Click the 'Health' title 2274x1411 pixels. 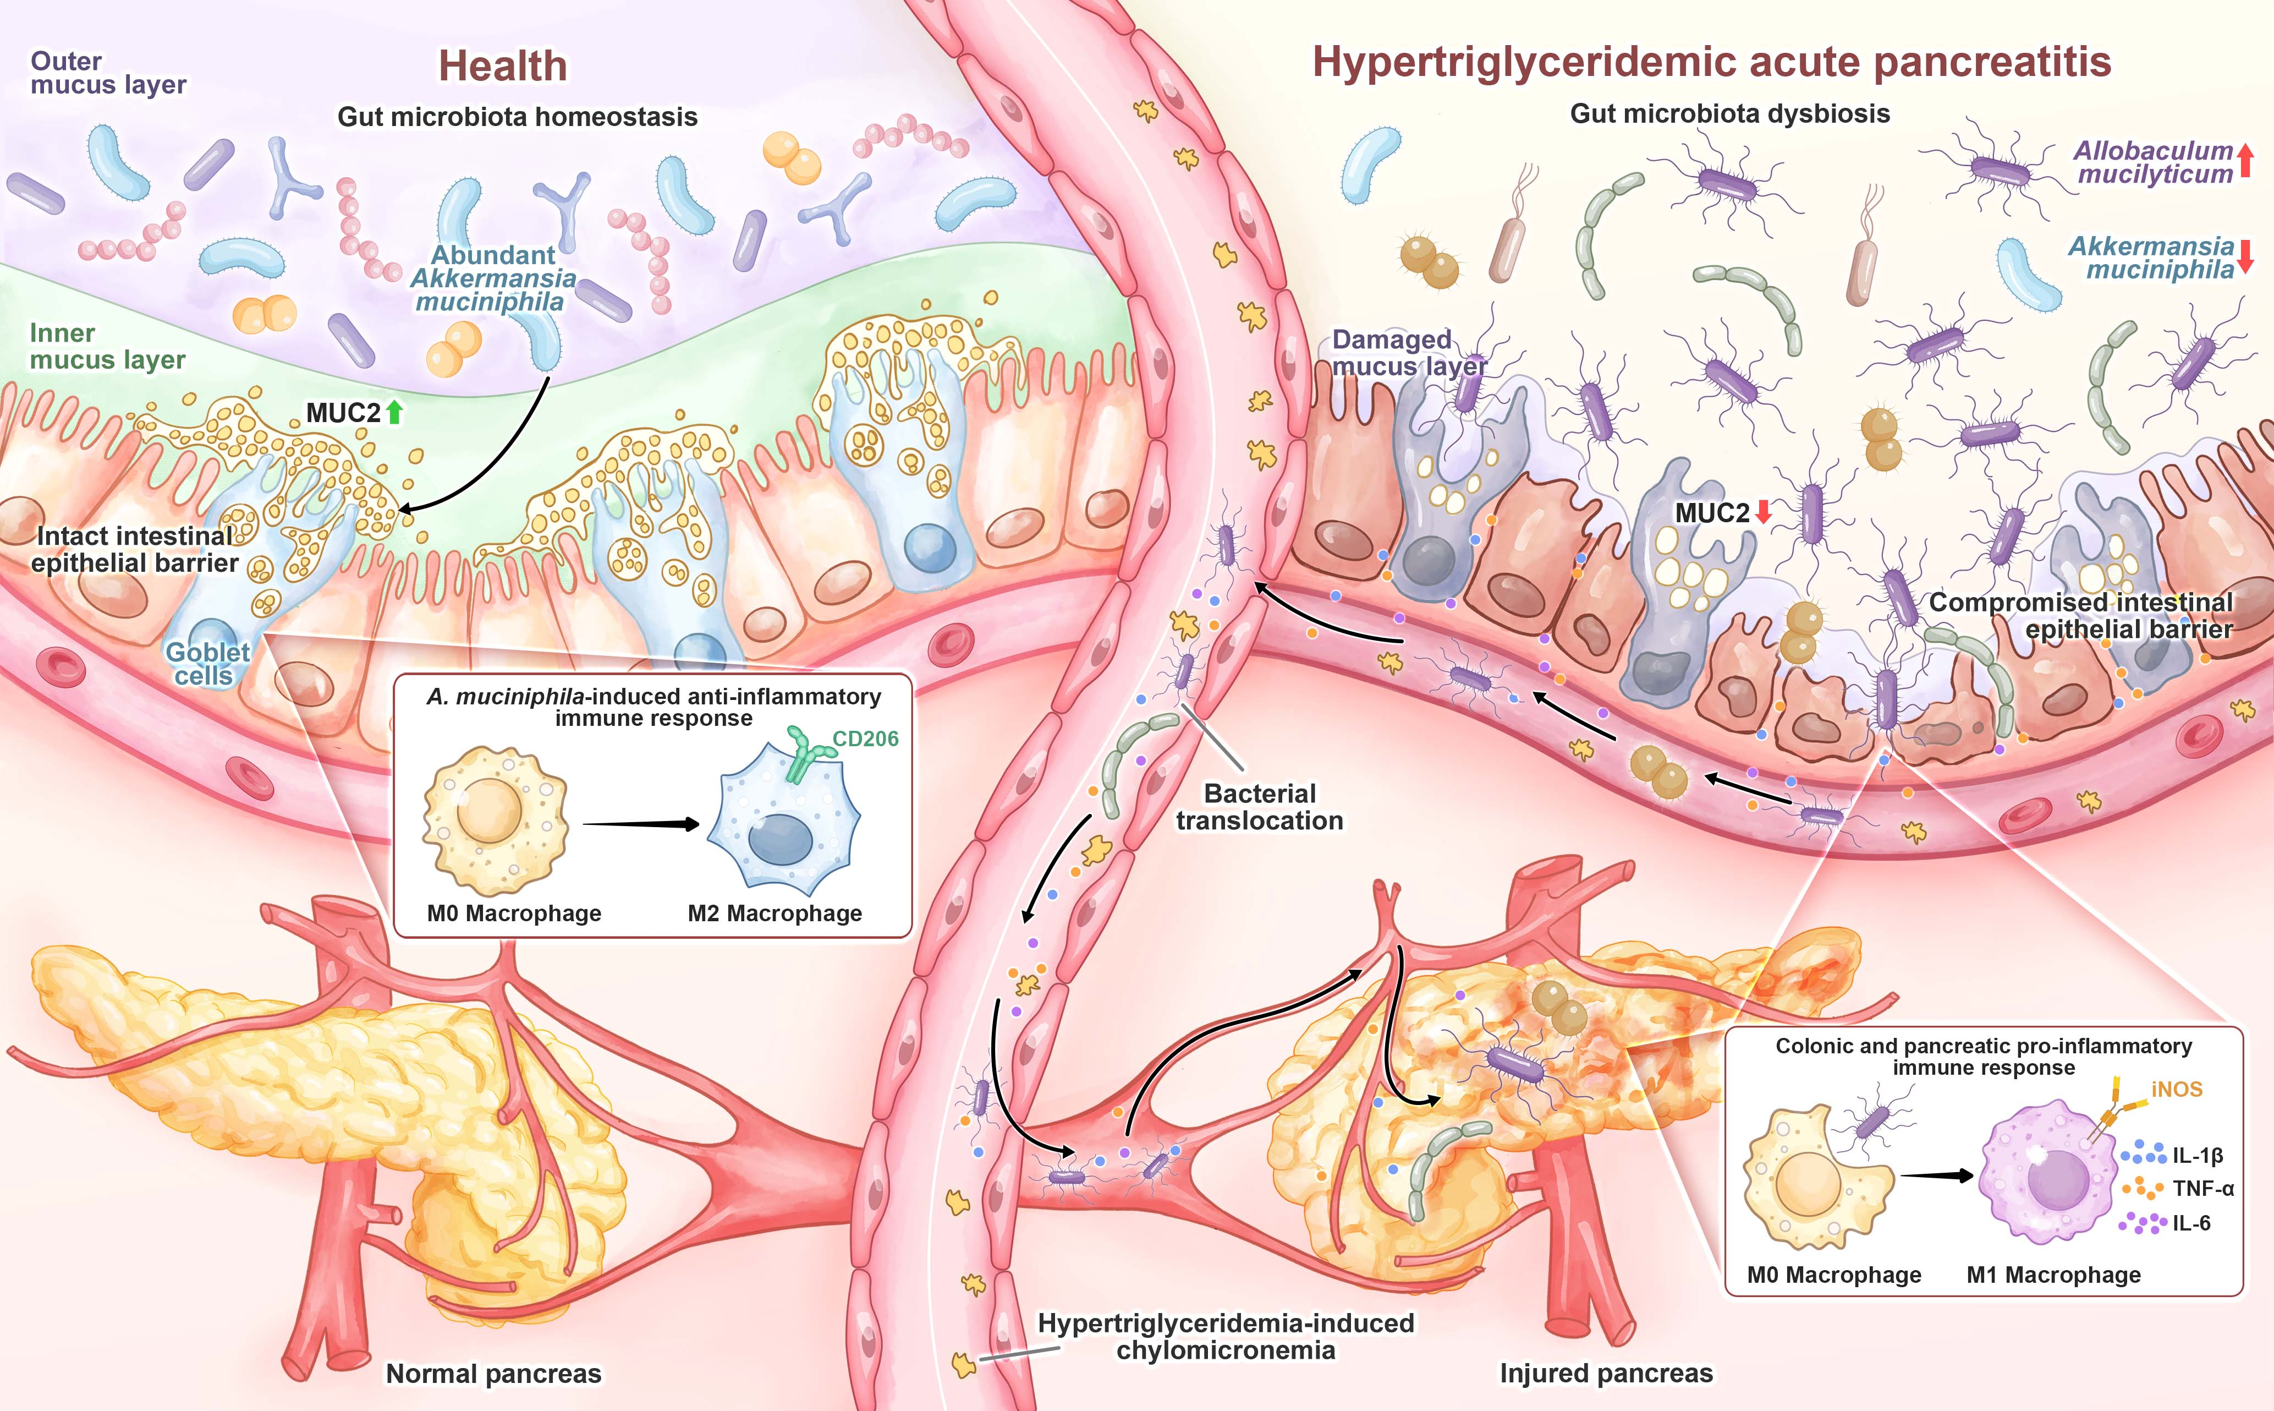[503, 66]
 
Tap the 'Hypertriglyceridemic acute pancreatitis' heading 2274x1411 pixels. [1712, 63]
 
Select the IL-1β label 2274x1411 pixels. [2198, 1155]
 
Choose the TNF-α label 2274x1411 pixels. [2203, 1189]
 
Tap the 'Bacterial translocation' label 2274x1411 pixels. [1259, 806]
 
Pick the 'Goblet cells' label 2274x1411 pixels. [206, 664]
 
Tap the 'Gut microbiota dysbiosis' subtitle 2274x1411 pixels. [1730, 114]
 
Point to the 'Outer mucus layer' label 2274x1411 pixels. [107, 73]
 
